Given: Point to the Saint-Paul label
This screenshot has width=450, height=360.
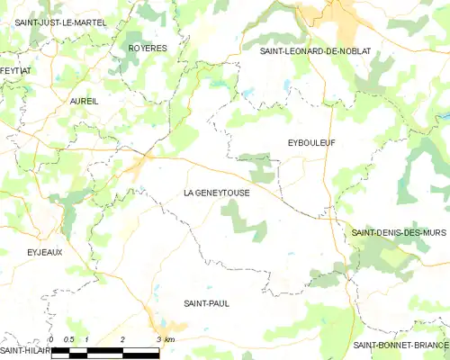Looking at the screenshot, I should point(206,303).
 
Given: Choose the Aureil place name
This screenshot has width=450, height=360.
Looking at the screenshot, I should point(84,102).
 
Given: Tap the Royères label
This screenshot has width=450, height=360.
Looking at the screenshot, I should point(148,48).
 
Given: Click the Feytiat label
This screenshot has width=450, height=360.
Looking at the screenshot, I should point(15,70).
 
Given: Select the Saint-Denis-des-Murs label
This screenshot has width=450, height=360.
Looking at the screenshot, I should point(399,232).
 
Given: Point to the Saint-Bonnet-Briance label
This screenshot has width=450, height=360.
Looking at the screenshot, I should point(400,345).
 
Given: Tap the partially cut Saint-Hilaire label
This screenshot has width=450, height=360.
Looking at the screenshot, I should point(23,349).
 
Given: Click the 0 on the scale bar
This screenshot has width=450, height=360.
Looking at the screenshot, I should point(51,338).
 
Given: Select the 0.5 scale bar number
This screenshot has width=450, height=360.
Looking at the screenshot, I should point(67,338).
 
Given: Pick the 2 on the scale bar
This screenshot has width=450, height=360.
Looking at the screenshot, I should point(122,338).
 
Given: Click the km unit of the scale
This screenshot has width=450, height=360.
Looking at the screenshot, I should point(169,338).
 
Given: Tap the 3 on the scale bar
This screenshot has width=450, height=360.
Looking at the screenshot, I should point(157,338).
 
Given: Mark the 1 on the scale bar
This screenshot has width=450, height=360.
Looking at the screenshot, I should point(86,338).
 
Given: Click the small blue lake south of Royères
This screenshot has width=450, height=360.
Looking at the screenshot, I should point(217,83).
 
